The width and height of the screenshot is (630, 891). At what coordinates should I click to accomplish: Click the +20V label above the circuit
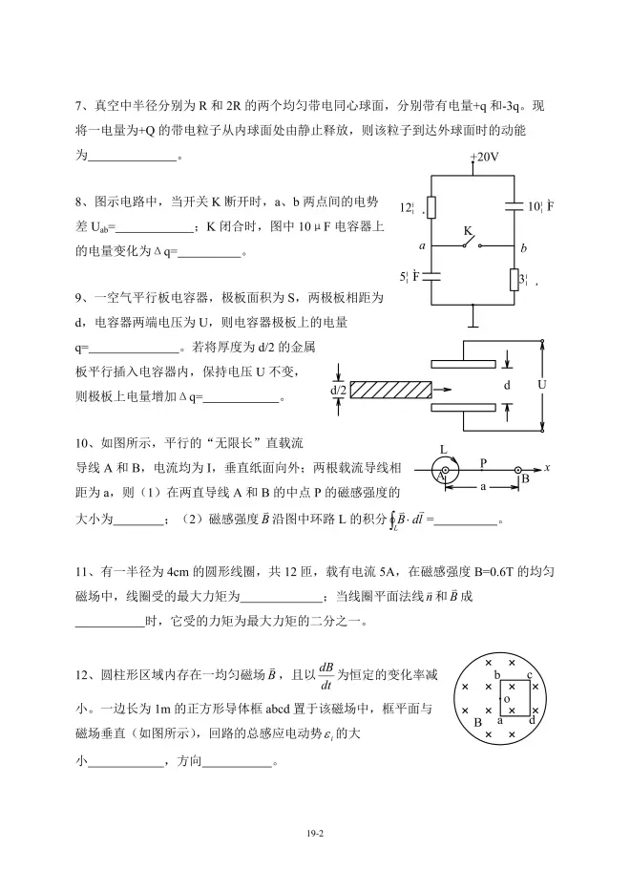pyautogui.click(x=484, y=157)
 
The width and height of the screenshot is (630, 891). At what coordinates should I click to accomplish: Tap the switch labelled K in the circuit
pyautogui.click(x=468, y=240)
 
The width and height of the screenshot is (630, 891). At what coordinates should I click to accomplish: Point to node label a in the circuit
pyautogui.click(x=421, y=246)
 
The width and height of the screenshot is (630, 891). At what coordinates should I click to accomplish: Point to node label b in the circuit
pyautogui.click(x=523, y=247)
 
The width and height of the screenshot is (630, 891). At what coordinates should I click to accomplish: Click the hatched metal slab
pyautogui.click(x=389, y=390)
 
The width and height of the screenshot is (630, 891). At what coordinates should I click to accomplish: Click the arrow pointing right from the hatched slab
pyautogui.click(x=440, y=390)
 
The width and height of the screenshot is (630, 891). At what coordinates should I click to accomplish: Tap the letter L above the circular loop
pyautogui.click(x=444, y=449)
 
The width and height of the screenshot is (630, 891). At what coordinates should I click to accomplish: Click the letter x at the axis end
pyautogui.click(x=549, y=468)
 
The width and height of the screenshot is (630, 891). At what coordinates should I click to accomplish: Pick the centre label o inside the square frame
pyautogui.click(x=507, y=699)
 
